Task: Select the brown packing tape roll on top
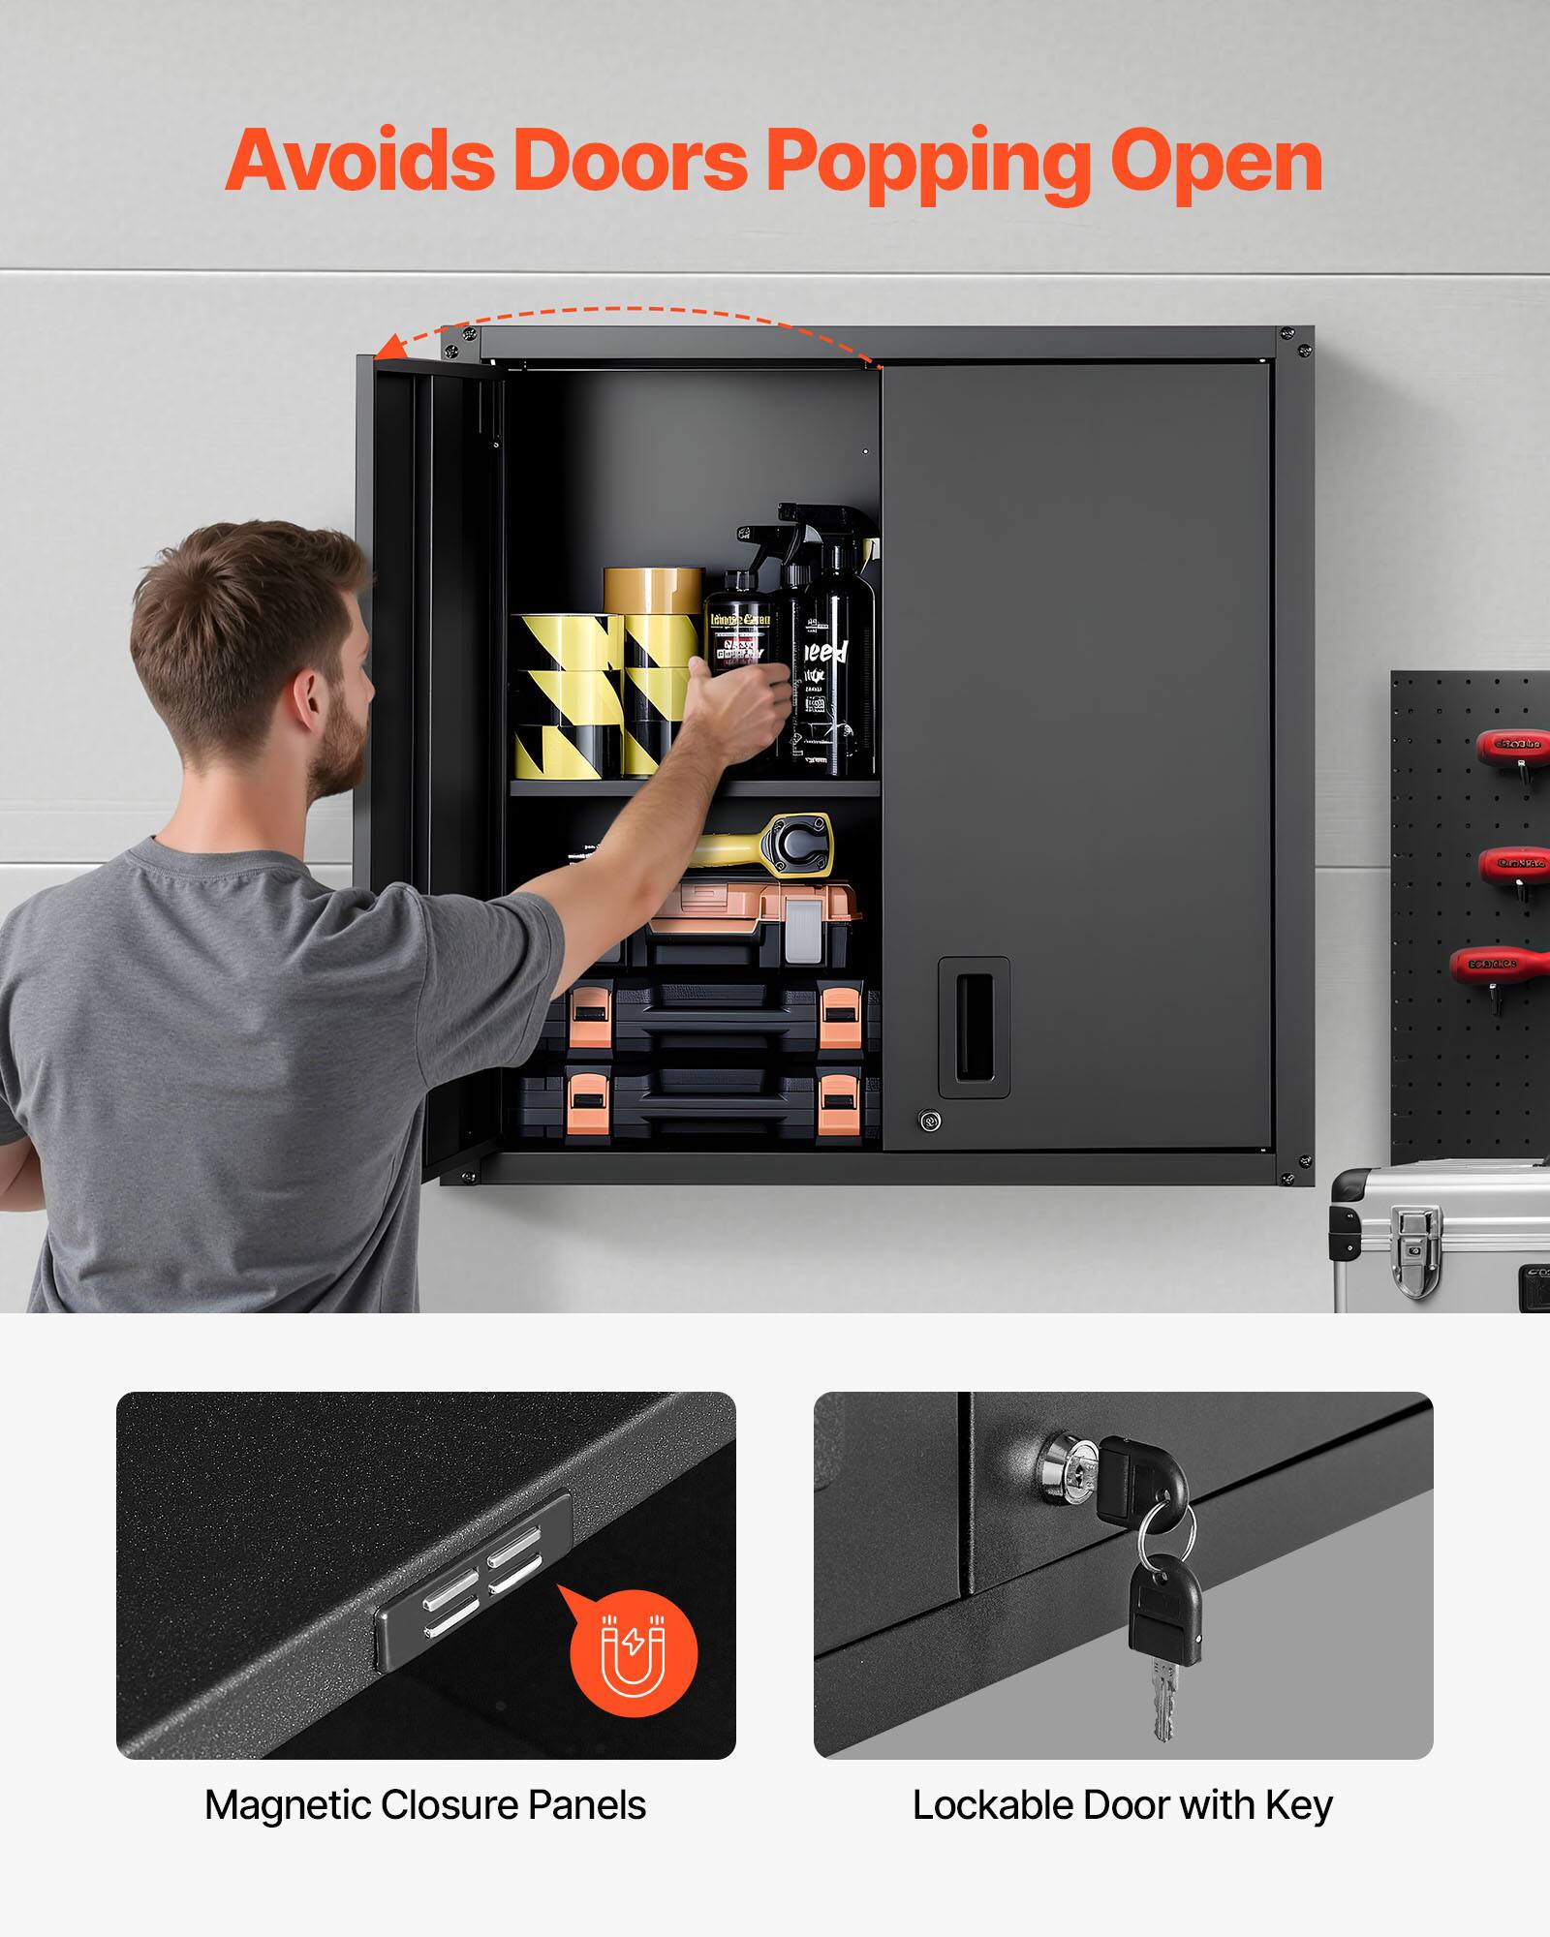(x=653, y=590)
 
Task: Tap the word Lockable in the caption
(x=990, y=1805)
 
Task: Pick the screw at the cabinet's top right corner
(x=1300, y=336)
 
